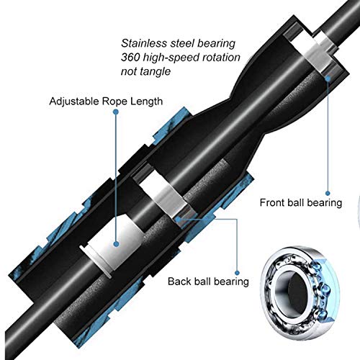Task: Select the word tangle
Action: click(156, 71)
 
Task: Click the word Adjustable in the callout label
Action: click(74, 102)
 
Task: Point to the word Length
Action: click(146, 102)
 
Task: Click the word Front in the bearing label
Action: click(271, 202)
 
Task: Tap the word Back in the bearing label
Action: click(178, 282)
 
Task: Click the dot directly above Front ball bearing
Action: click(328, 193)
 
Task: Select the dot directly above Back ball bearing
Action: click(237, 273)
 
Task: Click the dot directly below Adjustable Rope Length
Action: click(116, 112)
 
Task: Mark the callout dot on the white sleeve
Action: click(116, 244)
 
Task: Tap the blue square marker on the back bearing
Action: click(178, 219)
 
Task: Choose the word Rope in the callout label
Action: click(114, 102)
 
